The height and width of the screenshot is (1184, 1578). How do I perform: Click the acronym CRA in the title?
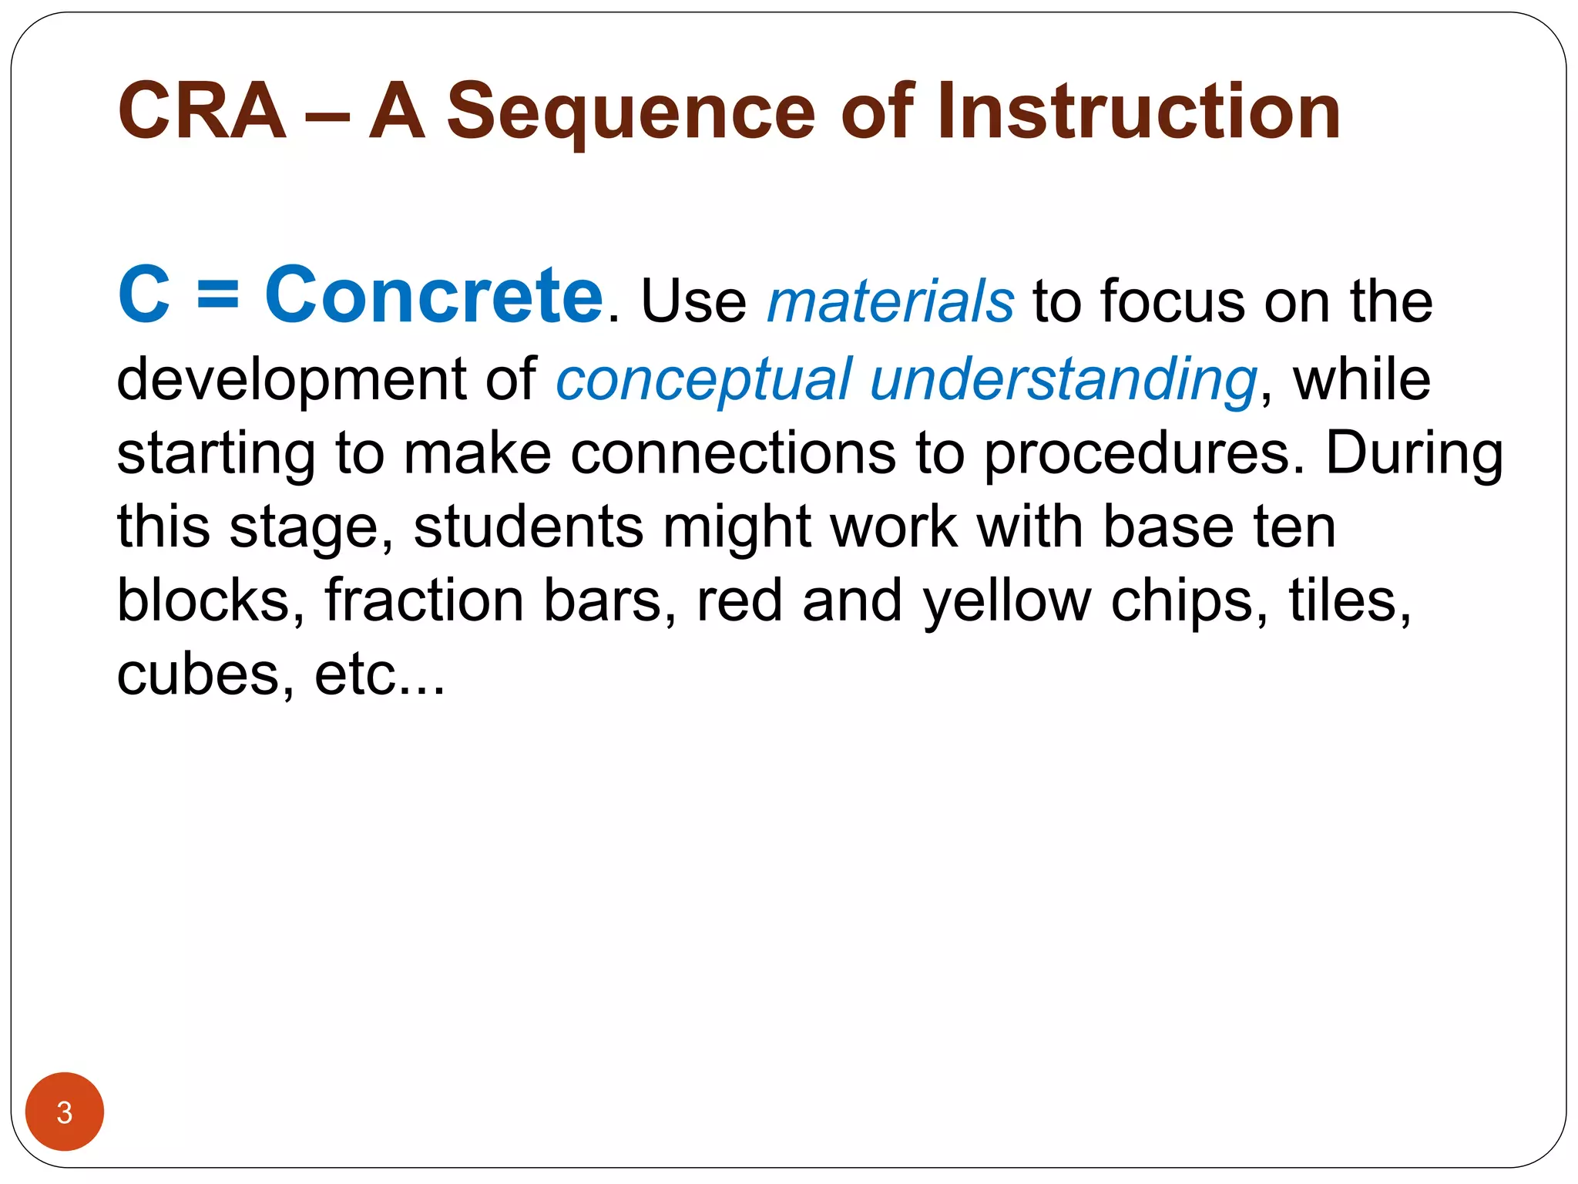click(x=202, y=112)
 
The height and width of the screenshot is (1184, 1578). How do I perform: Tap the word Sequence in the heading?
click(x=630, y=113)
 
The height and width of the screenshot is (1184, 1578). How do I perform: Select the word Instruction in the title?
click(x=1139, y=112)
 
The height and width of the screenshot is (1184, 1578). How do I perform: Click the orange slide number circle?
click(x=65, y=1112)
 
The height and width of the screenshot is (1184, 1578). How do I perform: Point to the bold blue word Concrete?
click(x=434, y=295)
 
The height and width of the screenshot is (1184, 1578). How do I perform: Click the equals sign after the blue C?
click(x=218, y=297)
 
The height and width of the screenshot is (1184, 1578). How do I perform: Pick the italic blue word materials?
click(x=891, y=301)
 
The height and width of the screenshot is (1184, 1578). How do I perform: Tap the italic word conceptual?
click(x=703, y=380)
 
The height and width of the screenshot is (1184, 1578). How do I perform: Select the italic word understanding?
click(x=1063, y=380)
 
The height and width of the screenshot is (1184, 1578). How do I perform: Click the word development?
click(x=292, y=380)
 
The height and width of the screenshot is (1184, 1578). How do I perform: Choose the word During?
click(x=1415, y=453)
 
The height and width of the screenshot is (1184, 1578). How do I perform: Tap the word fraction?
click(x=424, y=600)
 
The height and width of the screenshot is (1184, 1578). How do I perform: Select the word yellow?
click(x=1007, y=602)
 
